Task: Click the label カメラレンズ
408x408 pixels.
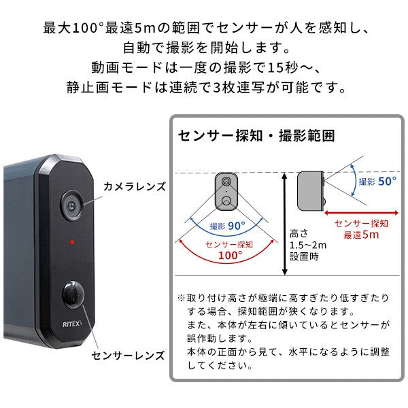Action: pyautogui.click(x=134, y=186)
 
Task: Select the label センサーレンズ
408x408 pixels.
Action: pyautogui.click(x=129, y=354)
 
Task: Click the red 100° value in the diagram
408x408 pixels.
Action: pyautogui.click(x=231, y=256)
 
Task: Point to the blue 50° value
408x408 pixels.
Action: pyautogui.click(x=386, y=182)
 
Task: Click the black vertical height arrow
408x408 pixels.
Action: pyautogui.click(x=284, y=224)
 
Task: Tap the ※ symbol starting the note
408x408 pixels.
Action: pyautogui.click(x=181, y=299)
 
